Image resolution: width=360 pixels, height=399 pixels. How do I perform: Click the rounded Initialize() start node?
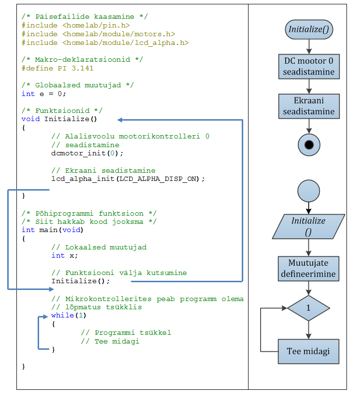(x=309, y=29)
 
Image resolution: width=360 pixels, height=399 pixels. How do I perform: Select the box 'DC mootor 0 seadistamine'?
(x=309, y=67)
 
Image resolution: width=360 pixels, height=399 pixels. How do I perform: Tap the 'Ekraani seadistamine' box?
(x=309, y=106)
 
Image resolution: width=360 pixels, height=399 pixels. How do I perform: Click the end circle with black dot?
(x=309, y=144)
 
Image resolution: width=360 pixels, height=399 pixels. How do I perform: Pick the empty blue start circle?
(x=309, y=191)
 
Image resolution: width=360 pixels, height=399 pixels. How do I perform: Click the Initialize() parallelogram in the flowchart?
(x=309, y=227)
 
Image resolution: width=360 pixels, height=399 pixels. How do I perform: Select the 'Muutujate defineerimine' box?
(x=309, y=269)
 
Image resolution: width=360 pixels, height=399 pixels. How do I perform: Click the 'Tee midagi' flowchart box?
(x=309, y=351)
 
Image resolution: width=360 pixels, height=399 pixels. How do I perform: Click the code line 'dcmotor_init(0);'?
(x=87, y=153)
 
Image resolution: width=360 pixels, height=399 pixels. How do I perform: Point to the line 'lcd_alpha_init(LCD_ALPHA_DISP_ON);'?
(x=128, y=179)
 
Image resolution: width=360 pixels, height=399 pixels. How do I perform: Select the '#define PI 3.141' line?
(x=57, y=69)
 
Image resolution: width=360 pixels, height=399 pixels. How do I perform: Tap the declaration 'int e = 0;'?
(x=44, y=94)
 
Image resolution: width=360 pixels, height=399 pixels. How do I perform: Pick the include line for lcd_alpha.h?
(x=105, y=43)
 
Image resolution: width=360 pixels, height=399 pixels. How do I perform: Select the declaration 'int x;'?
(x=65, y=256)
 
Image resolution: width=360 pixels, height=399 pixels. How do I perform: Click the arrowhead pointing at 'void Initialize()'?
(x=121, y=120)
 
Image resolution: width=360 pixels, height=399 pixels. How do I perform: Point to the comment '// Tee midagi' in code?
(x=110, y=342)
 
